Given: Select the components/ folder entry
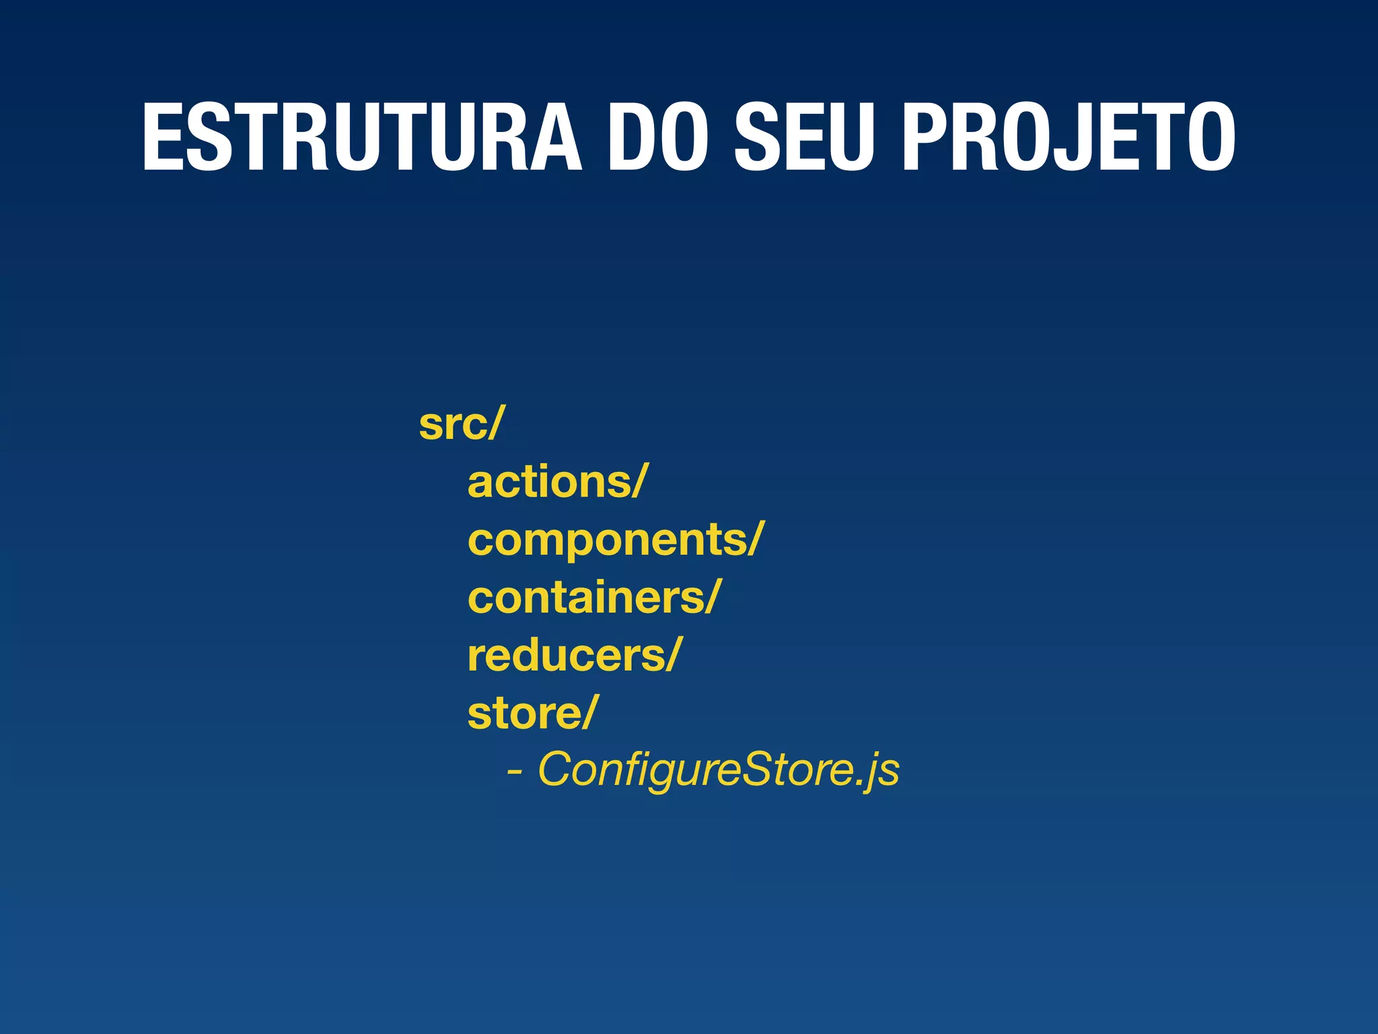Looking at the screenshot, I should coord(616,540).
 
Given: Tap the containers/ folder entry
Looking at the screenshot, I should coord(594,598).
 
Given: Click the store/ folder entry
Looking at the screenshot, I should coord(532,713).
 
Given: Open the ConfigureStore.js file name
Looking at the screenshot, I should coord(718,769).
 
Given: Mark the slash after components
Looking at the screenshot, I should coord(755,540).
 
